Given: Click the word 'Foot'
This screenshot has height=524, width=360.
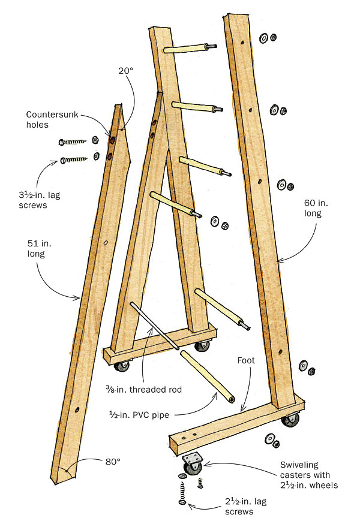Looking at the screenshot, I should tap(246, 361).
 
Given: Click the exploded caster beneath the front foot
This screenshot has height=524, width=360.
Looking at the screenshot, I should tap(191, 464).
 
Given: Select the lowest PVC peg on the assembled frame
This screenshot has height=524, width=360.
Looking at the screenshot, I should tap(221, 309).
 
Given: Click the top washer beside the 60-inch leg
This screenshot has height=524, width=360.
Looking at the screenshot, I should tap(263, 38).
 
